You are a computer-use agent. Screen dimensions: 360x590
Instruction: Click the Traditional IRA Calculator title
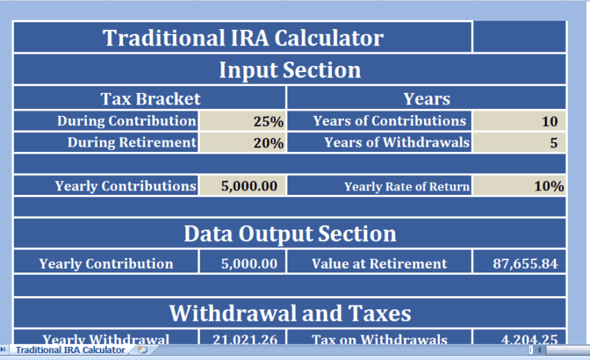[x=243, y=38]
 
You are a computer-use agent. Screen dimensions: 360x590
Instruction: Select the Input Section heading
[x=290, y=71]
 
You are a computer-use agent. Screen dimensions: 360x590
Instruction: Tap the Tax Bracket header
[x=151, y=98]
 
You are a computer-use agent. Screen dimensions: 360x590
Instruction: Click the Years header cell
[x=426, y=98]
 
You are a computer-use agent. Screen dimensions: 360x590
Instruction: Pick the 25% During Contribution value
[x=242, y=121]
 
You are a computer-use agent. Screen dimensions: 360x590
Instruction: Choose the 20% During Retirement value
[x=242, y=143]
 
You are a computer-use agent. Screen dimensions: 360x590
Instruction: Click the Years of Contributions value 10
[x=519, y=121]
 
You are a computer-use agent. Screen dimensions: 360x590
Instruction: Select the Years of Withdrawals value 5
[x=519, y=143]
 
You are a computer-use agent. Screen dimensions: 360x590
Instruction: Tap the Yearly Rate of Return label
[x=406, y=187]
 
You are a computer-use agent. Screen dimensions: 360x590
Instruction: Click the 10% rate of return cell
[x=519, y=186]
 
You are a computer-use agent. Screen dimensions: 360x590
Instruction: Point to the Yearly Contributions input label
[x=125, y=186]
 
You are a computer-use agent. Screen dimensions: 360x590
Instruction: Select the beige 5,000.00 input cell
[x=242, y=186]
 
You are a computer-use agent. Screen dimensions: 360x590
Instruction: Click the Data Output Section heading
[x=290, y=234]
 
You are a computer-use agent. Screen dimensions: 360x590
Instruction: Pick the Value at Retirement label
[x=379, y=263]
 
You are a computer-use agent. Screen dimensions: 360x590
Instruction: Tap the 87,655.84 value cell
[x=519, y=263]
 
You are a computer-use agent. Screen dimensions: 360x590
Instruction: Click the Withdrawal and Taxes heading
[x=290, y=313]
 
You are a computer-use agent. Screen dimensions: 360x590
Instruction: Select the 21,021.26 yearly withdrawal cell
[x=242, y=339]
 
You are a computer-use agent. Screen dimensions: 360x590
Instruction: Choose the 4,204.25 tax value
[x=519, y=339]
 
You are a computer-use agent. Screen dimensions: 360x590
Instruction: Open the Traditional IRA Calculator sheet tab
[x=70, y=350]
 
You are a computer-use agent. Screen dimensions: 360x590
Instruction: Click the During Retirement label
[x=131, y=143]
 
